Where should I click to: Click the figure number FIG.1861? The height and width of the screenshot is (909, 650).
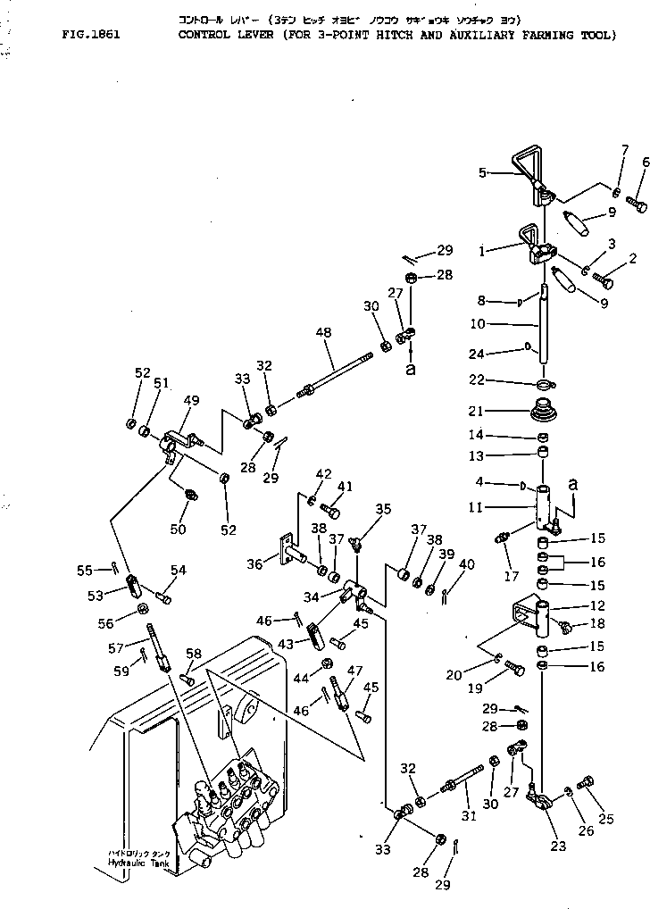pos(92,36)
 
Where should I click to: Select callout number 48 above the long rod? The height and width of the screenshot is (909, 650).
pos(323,332)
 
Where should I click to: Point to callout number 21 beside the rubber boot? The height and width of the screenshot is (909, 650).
pos(500,411)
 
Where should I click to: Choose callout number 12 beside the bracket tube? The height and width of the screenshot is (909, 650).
pos(596,605)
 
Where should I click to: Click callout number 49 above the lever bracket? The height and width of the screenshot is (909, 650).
pos(192,400)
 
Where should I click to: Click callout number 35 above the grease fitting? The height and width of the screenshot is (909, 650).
pos(383,509)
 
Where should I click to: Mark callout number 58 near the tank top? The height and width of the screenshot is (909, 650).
pos(194,655)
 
